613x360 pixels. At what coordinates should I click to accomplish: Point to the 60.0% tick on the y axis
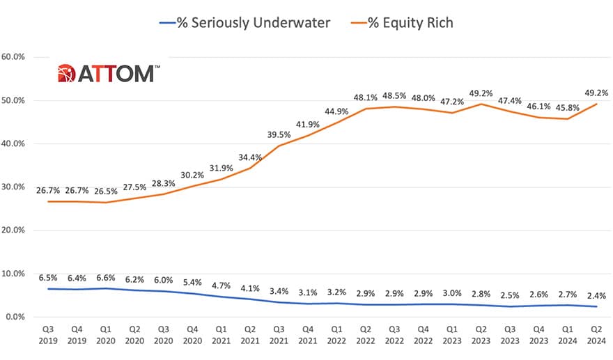tap(15, 57)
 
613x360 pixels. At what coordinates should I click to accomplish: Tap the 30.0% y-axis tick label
tap(15, 187)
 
